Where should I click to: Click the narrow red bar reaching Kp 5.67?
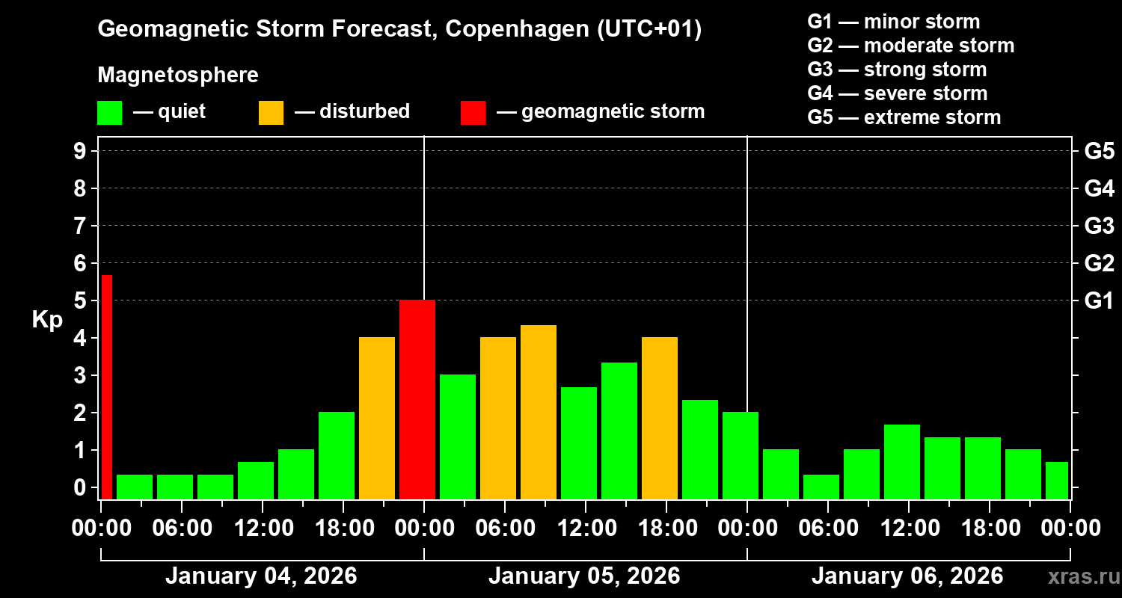coord(106,386)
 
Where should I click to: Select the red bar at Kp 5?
coord(417,399)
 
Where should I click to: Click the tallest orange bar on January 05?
coord(539,412)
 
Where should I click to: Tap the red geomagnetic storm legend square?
coord(473,113)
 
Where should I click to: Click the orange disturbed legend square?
coord(271,113)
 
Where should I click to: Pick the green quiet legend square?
coord(109,113)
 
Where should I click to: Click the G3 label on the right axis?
coord(1099,226)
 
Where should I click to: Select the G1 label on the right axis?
coord(1099,301)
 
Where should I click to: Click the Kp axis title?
coord(47,320)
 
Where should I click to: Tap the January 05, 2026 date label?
coord(584,576)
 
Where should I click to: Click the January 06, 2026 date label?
coord(907,576)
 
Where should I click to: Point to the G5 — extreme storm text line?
coord(904,117)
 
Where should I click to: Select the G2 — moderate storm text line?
coord(910,46)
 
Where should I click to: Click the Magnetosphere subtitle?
coord(178,75)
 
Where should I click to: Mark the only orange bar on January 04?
coord(377,418)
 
